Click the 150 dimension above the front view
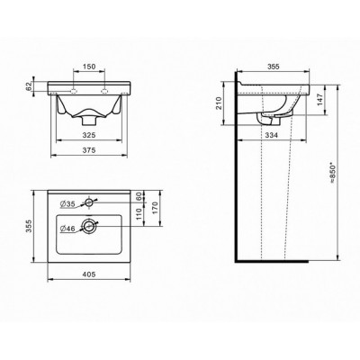pyautogui.click(x=89, y=67)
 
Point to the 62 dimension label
pyautogui.click(x=29, y=86)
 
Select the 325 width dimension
pyautogui.click(x=89, y=135)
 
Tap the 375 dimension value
pyautogui.click(x=89, y=150)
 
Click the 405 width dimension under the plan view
pyautogui.click(x=89, y=274)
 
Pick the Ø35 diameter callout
pyautogui.click(x=67, y=204)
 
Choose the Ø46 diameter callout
pyautogui.click(x=67, y=229)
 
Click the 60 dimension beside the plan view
pyautogui.click(x=139, y=196)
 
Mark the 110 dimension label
pyautogui.click(x=139, y=214)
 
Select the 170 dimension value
pyautogui.click(x=156, y=208)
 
